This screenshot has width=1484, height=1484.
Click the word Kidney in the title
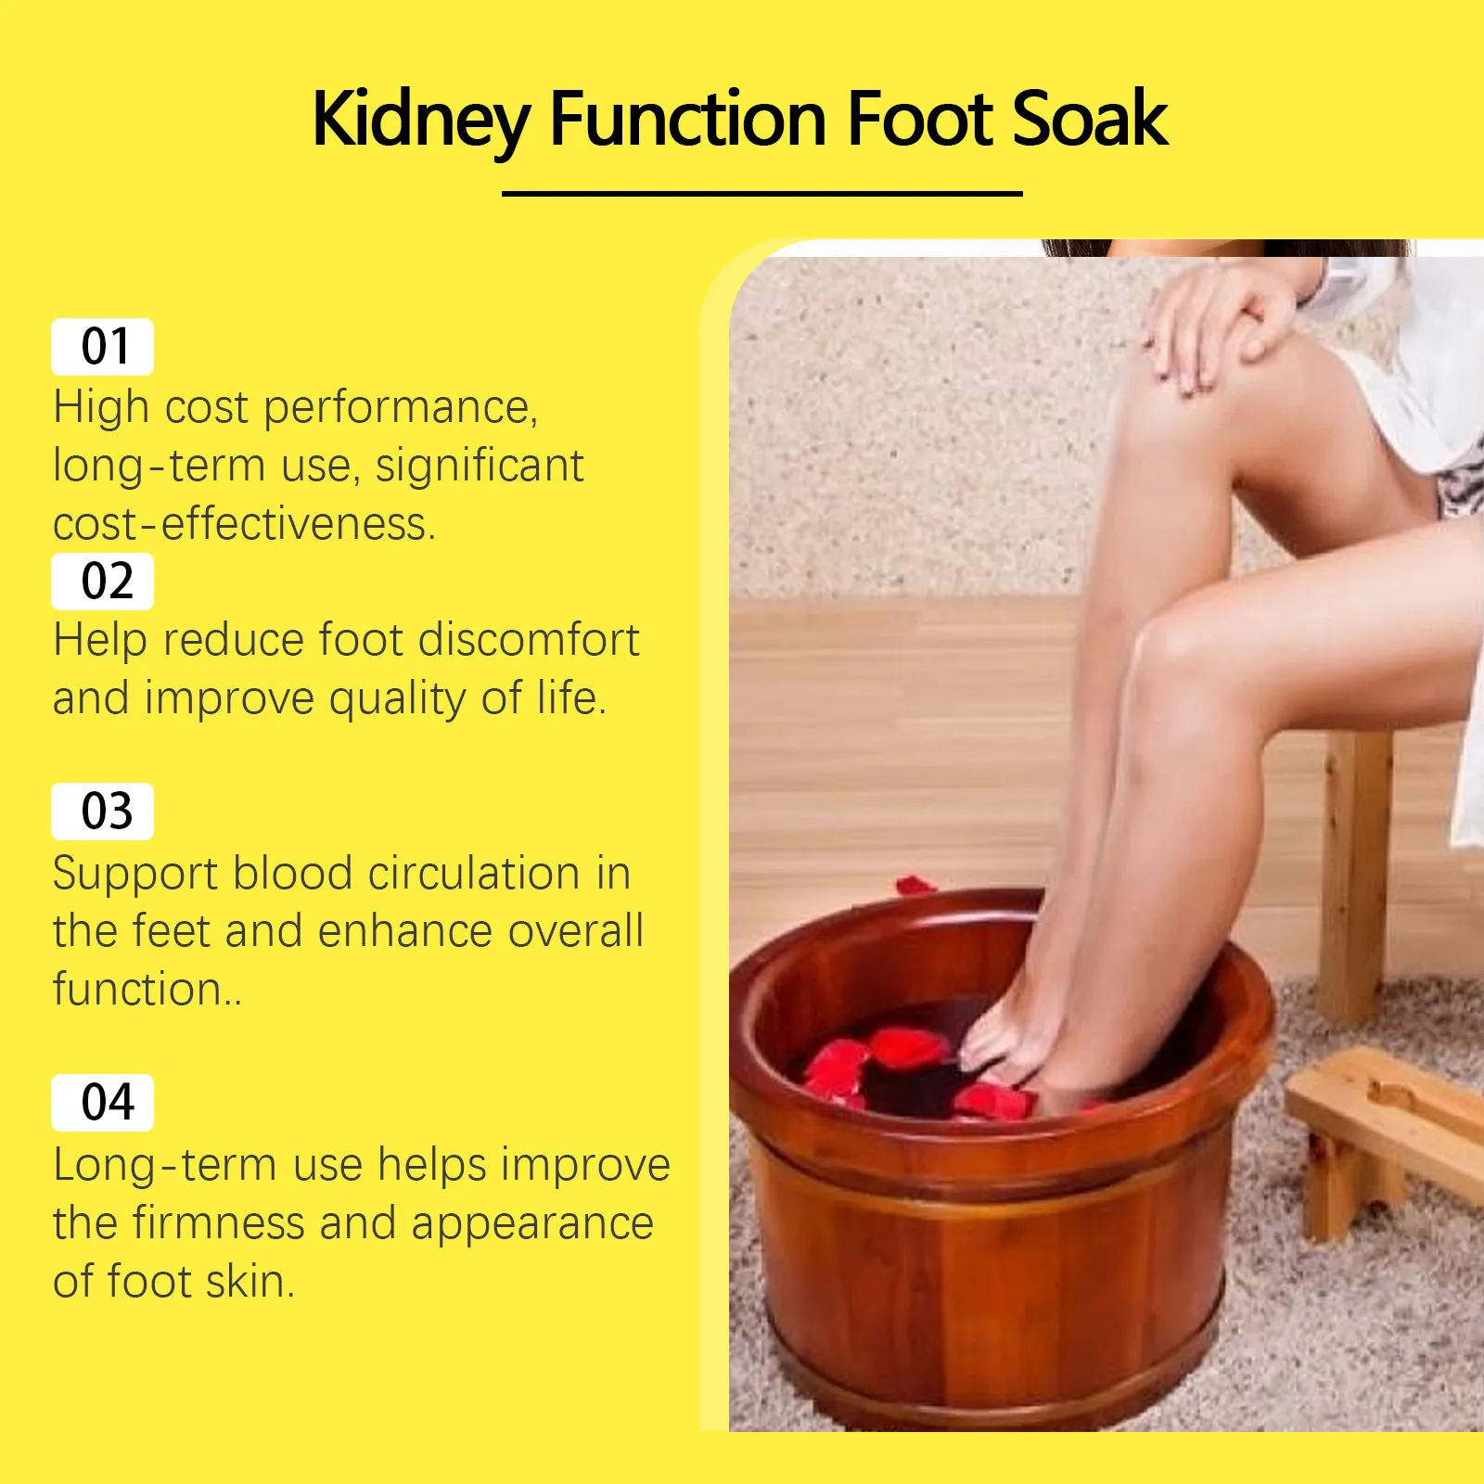pyautogui.click(x=422, y=120)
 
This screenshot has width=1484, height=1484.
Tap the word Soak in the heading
pyautogui.click(x=1090, y=118)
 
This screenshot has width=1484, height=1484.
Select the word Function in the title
pyautogui.click(x=688, y=118)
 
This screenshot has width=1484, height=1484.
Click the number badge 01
pyautogui.click(x=102, y=347)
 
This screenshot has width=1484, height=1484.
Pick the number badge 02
pyautogui.click(x=102, y=582)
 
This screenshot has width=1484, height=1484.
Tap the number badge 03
pyautogui.click(x=102, y=812)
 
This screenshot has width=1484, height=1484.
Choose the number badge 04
pyautogui.click(x=102, y=1103)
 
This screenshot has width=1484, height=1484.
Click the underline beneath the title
pyautogui.click(x=761, y=194)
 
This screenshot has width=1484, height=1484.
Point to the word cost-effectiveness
pyautogui.click(x=244, y=524)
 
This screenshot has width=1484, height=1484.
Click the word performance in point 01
pyautogui.click(x=401, y=409)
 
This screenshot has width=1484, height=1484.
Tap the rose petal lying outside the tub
pyautogui.click(x=915, y=885)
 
